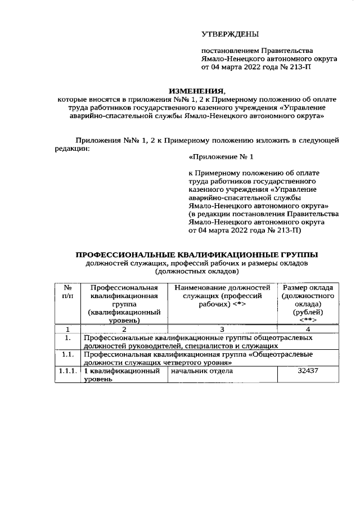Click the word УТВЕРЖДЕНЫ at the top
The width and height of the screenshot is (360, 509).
[x=227, y=35]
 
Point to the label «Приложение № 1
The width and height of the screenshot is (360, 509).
[x=217, y=158]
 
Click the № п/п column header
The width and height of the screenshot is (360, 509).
[x=67, y=292]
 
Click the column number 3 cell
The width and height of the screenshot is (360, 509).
[x=222, y=329]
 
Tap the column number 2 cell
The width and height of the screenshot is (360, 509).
[x=124, y=329]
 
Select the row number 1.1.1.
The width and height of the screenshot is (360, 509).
[x=67, y=371]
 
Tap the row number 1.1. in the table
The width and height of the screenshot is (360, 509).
[x=67, y=355]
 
